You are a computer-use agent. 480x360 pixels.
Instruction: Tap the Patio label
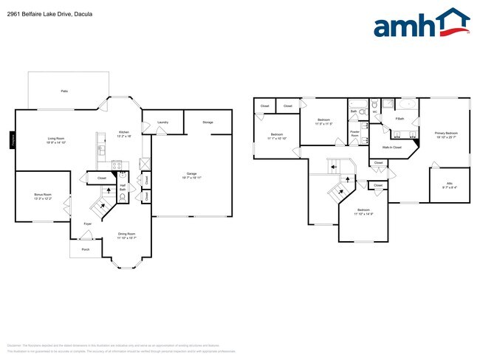pyautogui.click(x=65, y=91)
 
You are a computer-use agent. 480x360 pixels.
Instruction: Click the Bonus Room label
pyautogui.click(x=42, y=196)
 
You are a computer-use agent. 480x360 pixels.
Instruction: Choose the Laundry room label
pyautogui.click(x=162, y=122)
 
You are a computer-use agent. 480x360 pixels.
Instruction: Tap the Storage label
pyautogui.click(x=208, y=122)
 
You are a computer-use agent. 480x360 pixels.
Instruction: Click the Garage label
pyautogui.click(x=191, y=176)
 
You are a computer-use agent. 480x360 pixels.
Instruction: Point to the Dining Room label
pyautogui.click(x=127, y=235)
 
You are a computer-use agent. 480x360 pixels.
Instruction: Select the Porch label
pyautogui.click(x=86, y=249)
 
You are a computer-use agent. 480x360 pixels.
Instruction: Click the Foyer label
pyautogui.click(x=87, y=223)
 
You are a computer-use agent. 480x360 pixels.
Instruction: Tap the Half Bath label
pyautogui.click(x=123, y=187)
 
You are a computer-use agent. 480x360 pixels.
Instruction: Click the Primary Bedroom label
pyautogui.click(x=446, y=134)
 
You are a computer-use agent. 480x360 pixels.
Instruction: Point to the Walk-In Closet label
pyautogui.click(x=391, y=148)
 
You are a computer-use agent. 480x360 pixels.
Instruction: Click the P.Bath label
pyautogui.click(x=400, y=119)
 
